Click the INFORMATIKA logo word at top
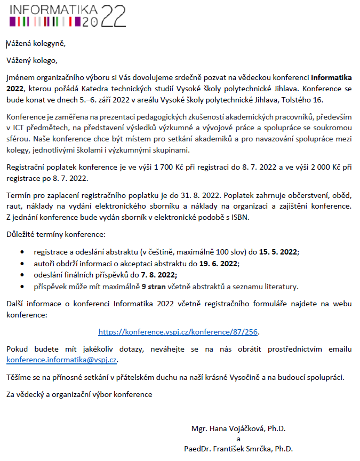click(x=53, y=10)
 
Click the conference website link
click(x=179, y=331)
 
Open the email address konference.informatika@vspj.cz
click(x=61, y=360)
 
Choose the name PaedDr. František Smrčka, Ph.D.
click(x=238, y=449)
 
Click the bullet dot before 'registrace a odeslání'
click(x=21, y=251)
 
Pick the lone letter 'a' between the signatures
click(x=238, y=439)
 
